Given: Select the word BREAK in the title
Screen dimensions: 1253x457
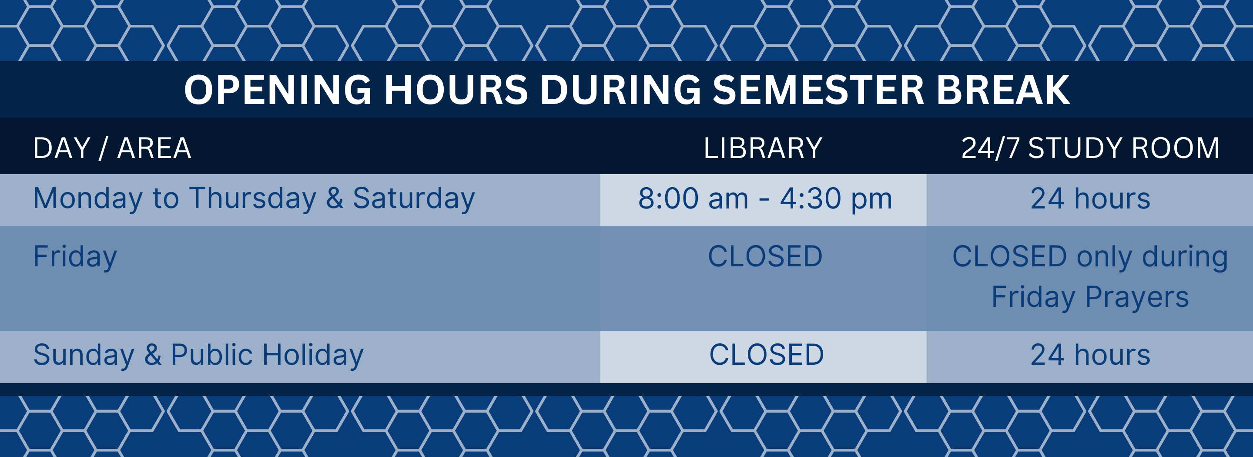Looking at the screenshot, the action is (1003, 90).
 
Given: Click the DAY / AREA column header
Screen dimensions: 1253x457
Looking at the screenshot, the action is (112, 148).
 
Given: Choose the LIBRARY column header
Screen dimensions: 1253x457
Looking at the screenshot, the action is (763, 148).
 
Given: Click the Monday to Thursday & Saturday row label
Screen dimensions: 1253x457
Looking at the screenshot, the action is (254, 199).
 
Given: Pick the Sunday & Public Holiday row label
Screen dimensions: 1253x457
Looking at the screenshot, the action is (198, 355).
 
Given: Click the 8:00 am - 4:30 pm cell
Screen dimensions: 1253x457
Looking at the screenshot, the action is (765, 198).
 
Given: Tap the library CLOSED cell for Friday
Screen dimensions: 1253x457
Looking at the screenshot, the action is (765, 256).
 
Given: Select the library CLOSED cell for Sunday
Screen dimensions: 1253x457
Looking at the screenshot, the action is (767, 355).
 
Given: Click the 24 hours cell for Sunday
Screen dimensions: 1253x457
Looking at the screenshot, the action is (1090, 355).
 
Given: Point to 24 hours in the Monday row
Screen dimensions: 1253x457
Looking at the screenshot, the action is (1090, 198).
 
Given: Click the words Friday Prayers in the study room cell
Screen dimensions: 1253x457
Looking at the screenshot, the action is (1090, 298).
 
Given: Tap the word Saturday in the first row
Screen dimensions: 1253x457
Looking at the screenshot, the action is (414, 199).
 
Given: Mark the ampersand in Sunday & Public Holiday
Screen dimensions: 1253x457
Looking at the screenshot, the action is (153, 355).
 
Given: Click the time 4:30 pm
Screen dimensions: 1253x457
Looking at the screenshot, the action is (836, 199).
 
